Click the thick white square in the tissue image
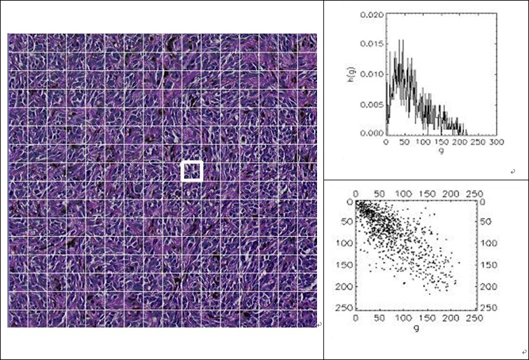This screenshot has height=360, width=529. [x=192, y=171]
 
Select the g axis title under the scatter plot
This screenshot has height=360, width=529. [x=415, y=329]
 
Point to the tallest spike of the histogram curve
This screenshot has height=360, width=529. [x=400, y=41]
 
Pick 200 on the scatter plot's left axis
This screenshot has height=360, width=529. [x=347, y=286]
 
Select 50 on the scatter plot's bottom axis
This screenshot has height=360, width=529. [x=379, y=318]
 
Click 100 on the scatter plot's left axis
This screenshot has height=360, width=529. [x=347, y=243]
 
